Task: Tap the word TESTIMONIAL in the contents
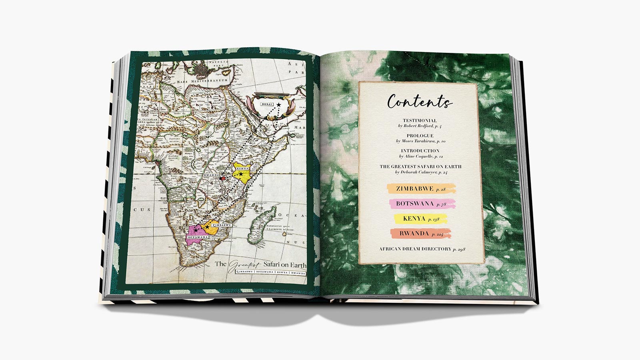pyautogui.click(x=420, y=120)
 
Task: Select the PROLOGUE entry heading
pyautogui.click(x=420, y=136)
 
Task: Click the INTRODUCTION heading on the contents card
pyautogui.click(x=420, y=151)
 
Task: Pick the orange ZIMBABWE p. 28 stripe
pyautogui.click(x=421, y=188)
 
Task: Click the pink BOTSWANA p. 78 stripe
pyautogui.click(x=422, y=204)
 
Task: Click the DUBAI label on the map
pyautogui.click(x=267, y=104)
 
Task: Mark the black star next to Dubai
pyautogui.click(x=278, y=105)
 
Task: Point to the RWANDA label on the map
pyautogui.click(x=211, y=175)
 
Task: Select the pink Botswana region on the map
pyautogui.click(x=195, y=230)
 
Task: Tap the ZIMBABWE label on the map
pyautogui.click(x=221, y=226)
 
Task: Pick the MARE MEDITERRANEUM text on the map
pyautogui.click(x=202, y=81)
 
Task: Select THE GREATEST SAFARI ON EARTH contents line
pyautogui.click(x=420, y=166)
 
